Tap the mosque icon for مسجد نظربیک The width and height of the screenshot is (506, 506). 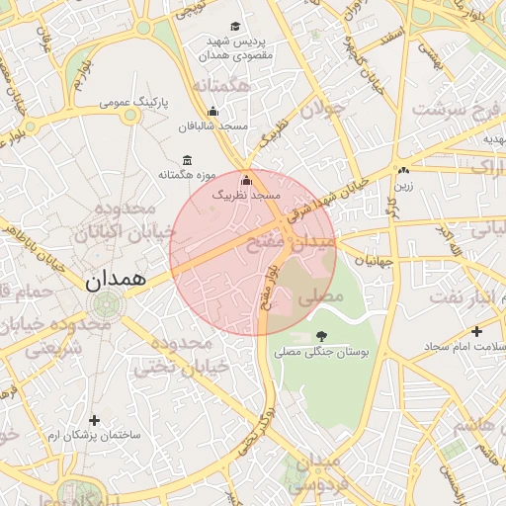point(247,181)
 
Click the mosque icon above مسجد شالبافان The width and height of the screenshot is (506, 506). point(212,112)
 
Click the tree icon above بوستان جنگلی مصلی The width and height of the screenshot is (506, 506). point(320,336)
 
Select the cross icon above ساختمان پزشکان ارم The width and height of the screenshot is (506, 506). point(94,420)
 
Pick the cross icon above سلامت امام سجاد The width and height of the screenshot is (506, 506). point(476,331)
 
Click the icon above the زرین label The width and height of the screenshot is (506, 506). point(404,170)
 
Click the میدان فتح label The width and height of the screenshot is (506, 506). point(308,241)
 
